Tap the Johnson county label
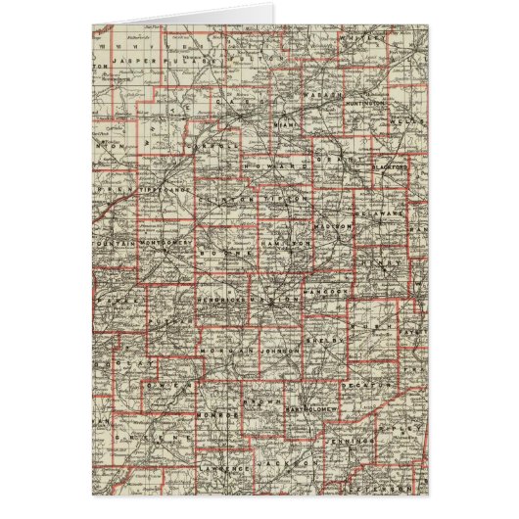(x=278, y=344)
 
